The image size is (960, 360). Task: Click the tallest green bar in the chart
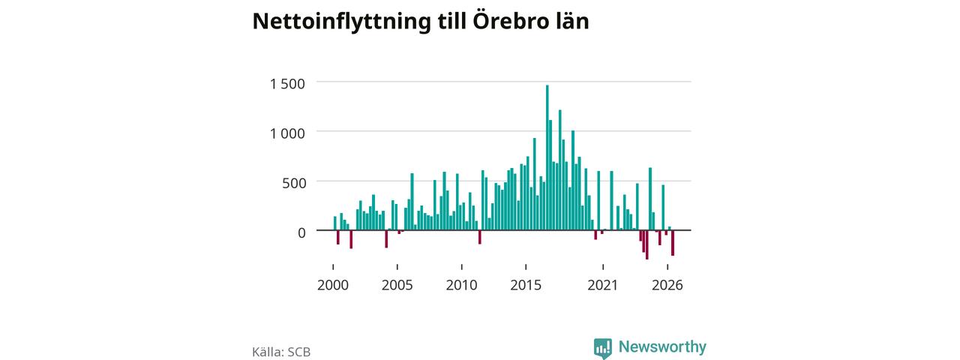pyautogui.click(x=547, y=157)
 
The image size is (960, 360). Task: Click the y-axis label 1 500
pyautogui.click(x=287, y=83)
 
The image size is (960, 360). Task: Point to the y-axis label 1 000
pyautogui.click(x=287, y=133)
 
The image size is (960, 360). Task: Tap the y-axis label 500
pyautogui.click(x=294, y=183)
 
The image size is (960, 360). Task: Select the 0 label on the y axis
pyautogui.click(x=301, y=232)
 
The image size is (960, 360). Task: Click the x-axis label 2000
pyautogui.click(x=333, y=285)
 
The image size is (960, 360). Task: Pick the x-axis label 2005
pyautogui.click(x=397, y=285)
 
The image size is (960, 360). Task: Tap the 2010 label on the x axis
pyautogui.click(x=461, y=285)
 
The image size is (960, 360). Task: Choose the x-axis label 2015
pyautogui.click(x=526, y=285)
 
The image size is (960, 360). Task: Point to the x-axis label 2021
pyautogui.click(x=602, y=285)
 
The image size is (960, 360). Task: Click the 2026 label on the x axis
pyautogui.click(x=667, y=285)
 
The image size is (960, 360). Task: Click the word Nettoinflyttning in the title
pyautogui.click(x=341, y=22)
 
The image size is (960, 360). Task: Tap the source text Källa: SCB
pyautogui.click(x=281, y=352)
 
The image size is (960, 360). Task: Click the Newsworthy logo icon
pyautogui.click(x=602, y=349)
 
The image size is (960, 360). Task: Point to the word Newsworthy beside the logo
pyautogui.click(x=662, y=346)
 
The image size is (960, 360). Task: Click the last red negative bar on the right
pyautogui.click(x=673, y=243)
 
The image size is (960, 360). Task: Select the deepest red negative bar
pyautogui.click(x=646, y=244)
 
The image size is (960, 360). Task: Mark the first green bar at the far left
pyautogui.click(x=335, y=223)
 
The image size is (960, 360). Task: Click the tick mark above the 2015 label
pyautogui.click(x=526, y=267)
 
